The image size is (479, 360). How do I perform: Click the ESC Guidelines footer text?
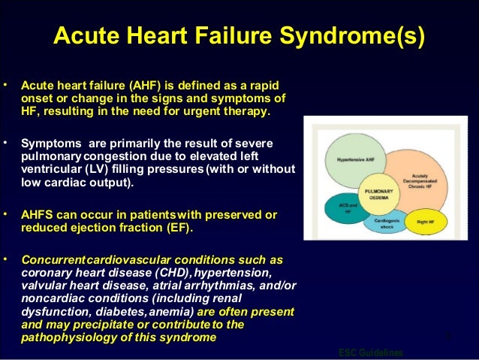pos(370,353)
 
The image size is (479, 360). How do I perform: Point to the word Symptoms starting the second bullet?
pos(50,144)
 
